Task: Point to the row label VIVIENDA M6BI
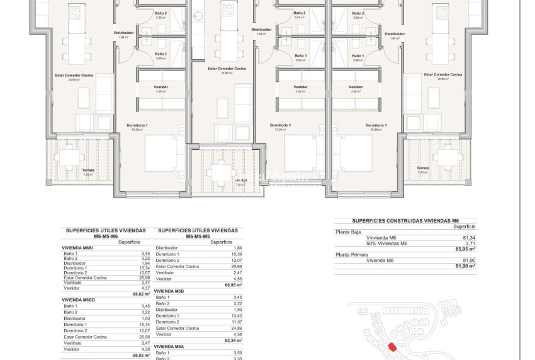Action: pyautogui.click(x=78, y=248)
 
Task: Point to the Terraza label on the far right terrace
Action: pyautogui.click(x=422, y=168)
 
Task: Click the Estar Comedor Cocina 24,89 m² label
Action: pyautogui.click(x=227, y=69)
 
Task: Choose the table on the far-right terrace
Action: pyautogui.click(x=448, y=154)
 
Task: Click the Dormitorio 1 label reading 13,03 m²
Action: pyautogui.click(x=280, y=127)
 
